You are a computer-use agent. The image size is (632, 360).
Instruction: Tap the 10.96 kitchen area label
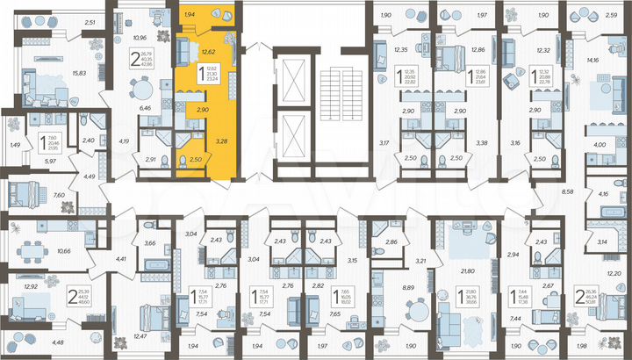click(138, 38)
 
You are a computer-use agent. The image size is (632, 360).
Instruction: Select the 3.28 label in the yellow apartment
click(222, 140)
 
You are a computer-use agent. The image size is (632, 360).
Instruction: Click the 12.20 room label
click(614, 275)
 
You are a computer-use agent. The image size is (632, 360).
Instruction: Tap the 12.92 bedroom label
click(32, 286)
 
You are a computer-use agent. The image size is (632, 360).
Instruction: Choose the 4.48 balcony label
click(57, 342)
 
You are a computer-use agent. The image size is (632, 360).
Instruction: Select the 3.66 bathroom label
click(150, 242)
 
